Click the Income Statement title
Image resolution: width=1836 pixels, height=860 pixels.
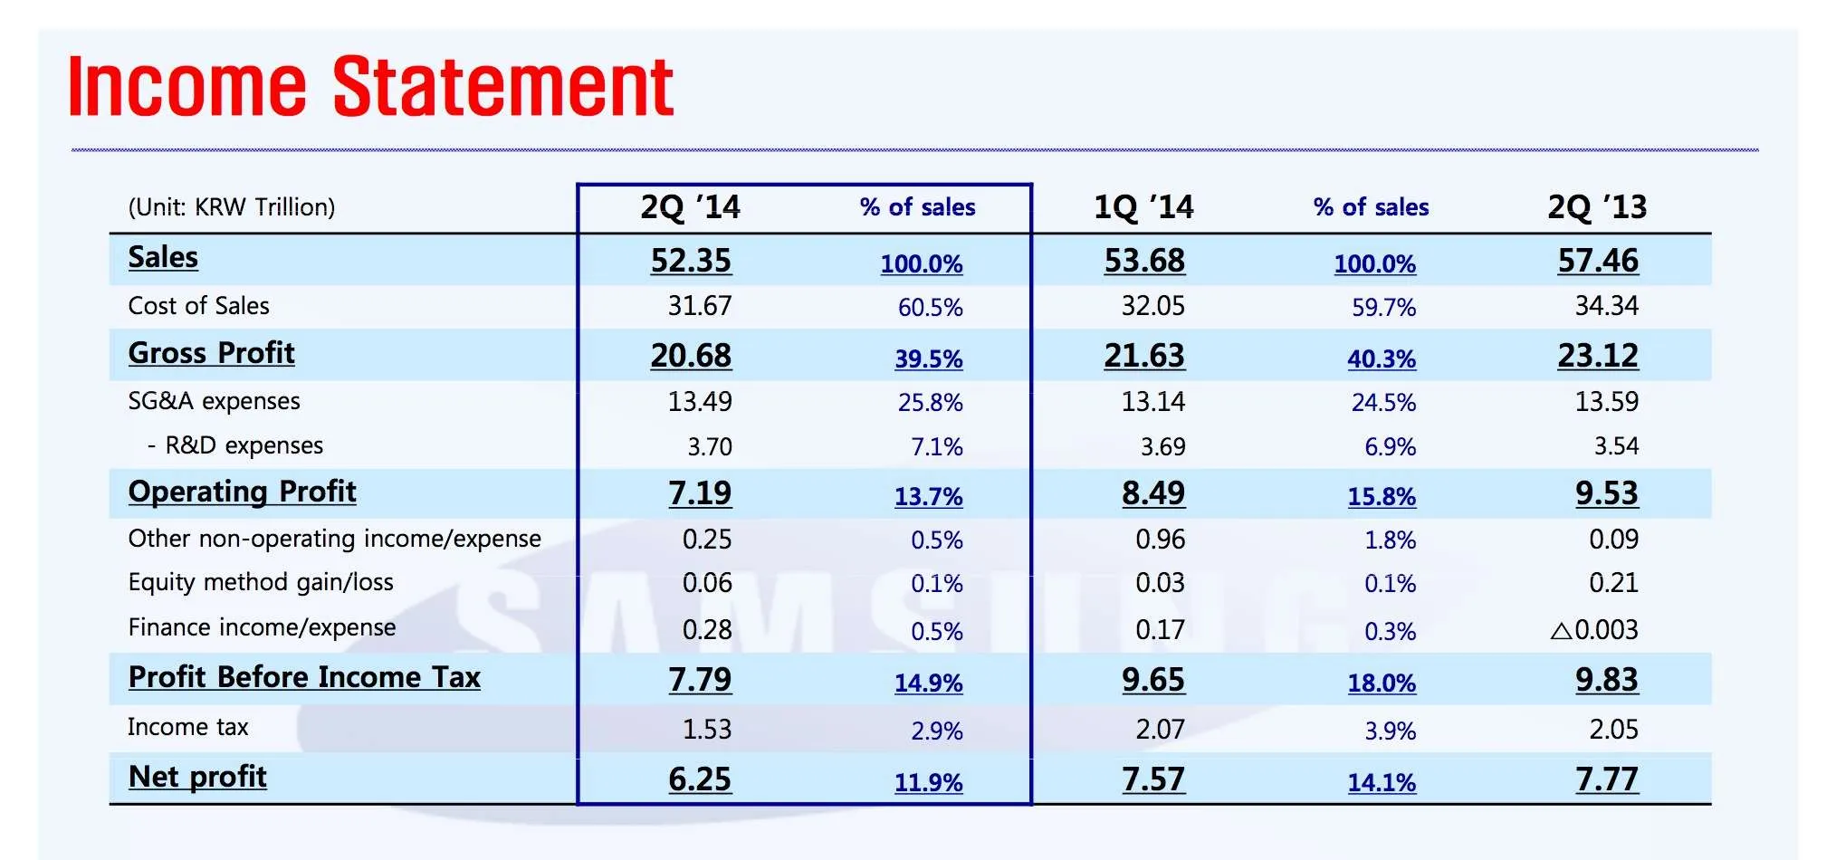point(370,86)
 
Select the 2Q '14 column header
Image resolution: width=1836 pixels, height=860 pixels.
point(690,207)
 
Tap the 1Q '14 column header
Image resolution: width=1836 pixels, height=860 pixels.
point(1143,207)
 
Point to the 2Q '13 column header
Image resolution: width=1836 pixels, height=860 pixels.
point(1597,207)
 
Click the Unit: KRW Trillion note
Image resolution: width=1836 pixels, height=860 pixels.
point(232,207)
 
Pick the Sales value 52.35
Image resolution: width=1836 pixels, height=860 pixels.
point(691,261)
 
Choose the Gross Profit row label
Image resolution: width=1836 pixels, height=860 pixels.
point(212,353)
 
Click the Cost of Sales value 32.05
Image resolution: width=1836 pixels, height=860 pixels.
point(1152,306)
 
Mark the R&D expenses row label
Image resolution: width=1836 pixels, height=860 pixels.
point(235,445)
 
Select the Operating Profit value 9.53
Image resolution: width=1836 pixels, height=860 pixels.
point(1607,493)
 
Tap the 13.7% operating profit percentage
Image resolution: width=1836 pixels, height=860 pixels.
point(929,496)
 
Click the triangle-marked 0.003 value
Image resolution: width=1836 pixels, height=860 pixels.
point(1594,629)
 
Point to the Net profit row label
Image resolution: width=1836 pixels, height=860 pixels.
point(197,777)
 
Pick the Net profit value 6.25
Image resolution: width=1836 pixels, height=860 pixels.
point(700,779)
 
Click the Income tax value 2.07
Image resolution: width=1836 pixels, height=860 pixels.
point(1161,729)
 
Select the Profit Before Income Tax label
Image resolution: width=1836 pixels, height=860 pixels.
point(304,677)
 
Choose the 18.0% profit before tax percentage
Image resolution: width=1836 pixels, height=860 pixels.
point(1382,683)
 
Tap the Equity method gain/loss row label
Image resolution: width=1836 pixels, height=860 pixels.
point(261,582)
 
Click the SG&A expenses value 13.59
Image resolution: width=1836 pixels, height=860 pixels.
point(1606,401)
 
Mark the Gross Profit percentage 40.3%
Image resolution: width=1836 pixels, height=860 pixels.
point(1382,358)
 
